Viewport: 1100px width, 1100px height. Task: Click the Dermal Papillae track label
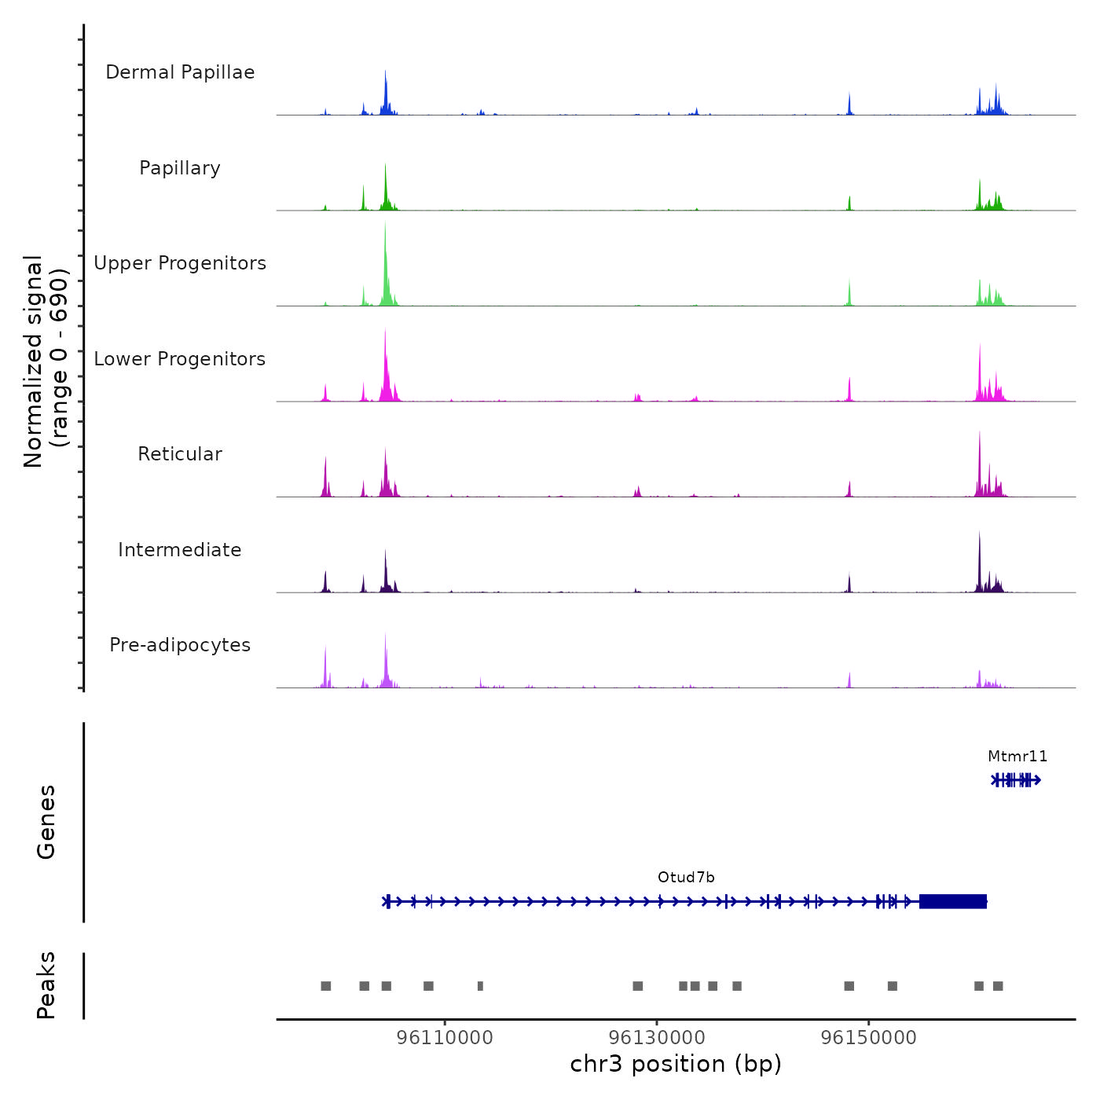point(180,72)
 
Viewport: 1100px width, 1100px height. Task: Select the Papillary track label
point(180,168)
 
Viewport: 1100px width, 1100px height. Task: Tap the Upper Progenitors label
point(180,263)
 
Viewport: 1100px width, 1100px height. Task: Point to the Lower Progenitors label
point(180,359)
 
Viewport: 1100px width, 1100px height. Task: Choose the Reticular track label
point(180,454)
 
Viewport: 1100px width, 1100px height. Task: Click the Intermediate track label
point(180,550)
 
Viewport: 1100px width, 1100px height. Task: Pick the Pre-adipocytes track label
point(180,645)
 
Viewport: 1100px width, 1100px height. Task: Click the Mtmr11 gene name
point(1017,757)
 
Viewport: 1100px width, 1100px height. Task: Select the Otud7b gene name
point(686,878)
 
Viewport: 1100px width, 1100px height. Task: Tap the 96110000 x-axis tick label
point(445,1038)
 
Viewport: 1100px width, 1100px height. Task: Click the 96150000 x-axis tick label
point(869,1038)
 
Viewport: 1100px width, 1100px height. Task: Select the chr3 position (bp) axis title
point(676,1065)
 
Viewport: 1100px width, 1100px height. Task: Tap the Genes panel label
point(46,822)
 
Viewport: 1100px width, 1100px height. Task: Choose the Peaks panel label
point(46,985)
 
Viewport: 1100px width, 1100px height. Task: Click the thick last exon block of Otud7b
point(953,901)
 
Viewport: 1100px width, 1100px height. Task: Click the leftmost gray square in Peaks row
point(326,986)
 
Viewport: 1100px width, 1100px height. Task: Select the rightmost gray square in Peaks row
point(998,986)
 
